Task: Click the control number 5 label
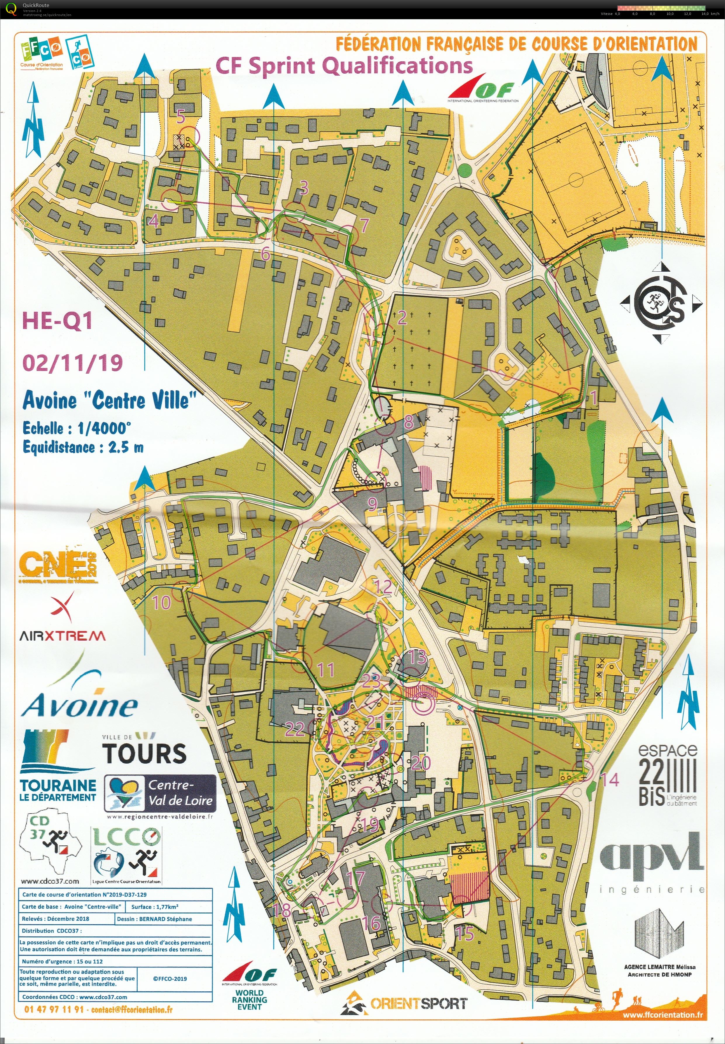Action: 181,117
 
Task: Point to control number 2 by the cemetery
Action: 402,318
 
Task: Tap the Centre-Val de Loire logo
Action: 160,793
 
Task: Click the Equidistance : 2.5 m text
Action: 83,448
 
